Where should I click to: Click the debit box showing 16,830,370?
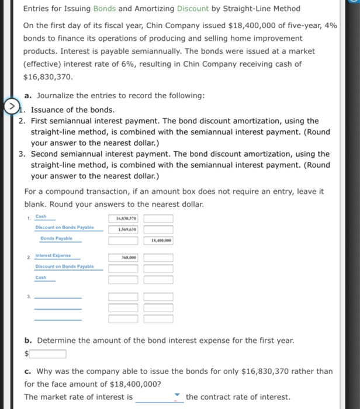(x=123, y=219)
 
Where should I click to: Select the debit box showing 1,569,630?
(x=123, y=229)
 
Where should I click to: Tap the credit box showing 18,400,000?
(x=158, y=240)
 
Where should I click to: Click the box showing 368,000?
(x=123, y=257)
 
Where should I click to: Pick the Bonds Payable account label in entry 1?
(x=56, y=238)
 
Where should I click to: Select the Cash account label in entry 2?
(x=41, y=278)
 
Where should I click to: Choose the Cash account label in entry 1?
(x=41, y=216)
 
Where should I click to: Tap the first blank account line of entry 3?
(x=58, y=297)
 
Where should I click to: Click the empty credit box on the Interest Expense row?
(x=158, y=257)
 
